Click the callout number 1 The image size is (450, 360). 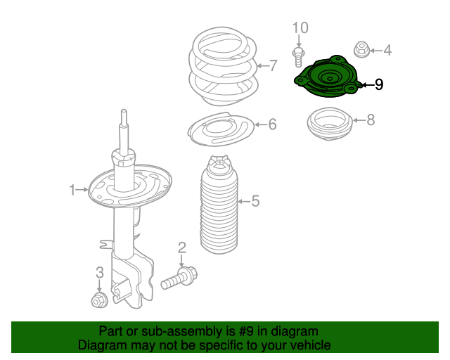click(72, 189)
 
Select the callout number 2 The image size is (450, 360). click(181, 247)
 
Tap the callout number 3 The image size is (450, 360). click(99, 272)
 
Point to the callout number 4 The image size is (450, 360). click(387, 50)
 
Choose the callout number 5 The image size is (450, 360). click(255, 202)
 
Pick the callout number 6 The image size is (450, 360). click(272, 124)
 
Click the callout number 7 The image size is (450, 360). click(274, 67)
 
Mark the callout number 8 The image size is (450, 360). click(371, 120)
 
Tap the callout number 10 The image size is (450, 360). click(300, 28)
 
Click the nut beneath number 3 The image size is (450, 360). click(99, 301)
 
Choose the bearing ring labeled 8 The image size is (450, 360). click(329, 125)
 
